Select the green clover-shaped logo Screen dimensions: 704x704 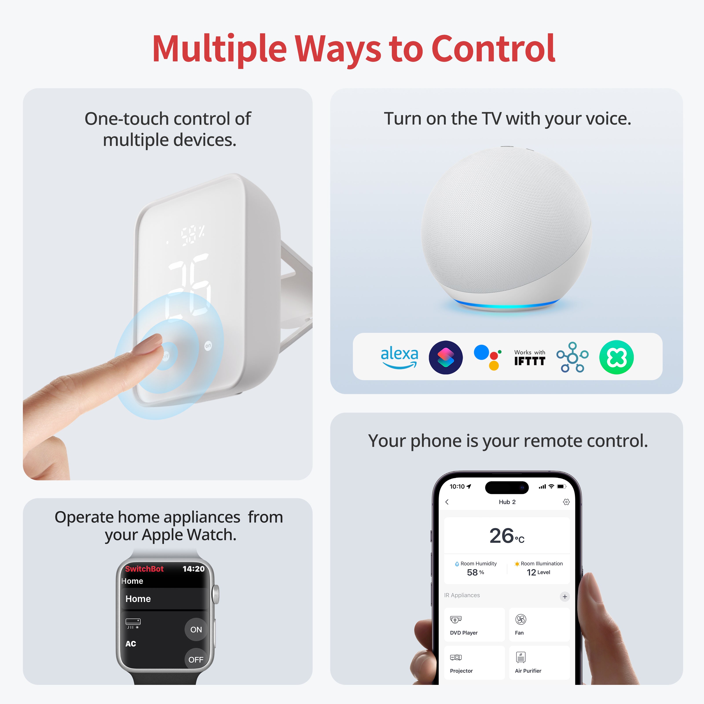(616, 357)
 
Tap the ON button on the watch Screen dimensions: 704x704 (196, 629)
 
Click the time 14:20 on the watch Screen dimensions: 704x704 (194, 569)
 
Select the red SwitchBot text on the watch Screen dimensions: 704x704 (144, 569)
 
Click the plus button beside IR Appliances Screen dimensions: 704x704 (565, 596)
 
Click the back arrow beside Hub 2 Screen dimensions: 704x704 (447, 502)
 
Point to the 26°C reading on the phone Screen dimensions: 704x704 (506, 536)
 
